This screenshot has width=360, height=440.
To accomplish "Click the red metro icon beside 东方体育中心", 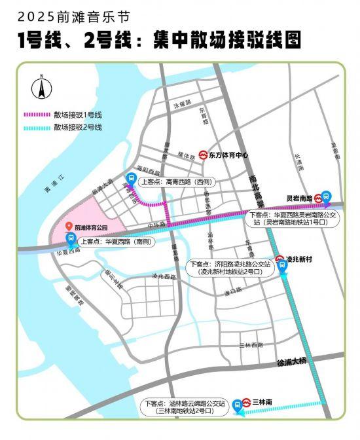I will click(x=204, y=155).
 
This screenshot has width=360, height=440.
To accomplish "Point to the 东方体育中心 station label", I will click(x=229, y=155).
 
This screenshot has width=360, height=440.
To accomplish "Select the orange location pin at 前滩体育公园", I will click(x=69, y=227).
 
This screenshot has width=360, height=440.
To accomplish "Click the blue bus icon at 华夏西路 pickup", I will click(x=70, y=241).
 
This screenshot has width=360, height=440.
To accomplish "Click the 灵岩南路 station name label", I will click(x=299, y=196).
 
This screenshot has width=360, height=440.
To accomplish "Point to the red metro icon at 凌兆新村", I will click(x=279, y=259).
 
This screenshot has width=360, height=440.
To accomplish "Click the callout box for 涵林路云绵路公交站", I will click(x=185, y=407).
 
